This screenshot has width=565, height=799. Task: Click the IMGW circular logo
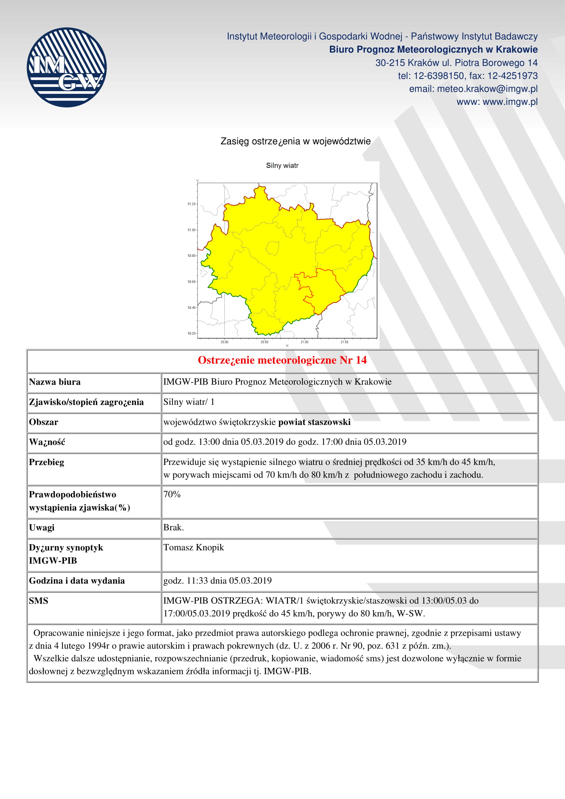click(67, 67)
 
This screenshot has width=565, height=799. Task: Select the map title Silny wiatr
click(282, 166)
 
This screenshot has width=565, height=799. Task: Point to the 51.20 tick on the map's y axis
click(192, 204)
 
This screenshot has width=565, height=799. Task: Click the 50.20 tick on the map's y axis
click(192, 333)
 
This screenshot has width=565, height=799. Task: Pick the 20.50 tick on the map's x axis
click(264, 342)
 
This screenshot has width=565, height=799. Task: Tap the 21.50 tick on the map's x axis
click(344, 342)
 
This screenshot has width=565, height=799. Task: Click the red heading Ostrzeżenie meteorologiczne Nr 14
click(282, 360)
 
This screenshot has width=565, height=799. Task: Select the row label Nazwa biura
click(55, 382)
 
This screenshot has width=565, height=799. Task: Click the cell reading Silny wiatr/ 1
click(189, 402)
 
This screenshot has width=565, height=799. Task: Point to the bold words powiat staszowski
click(314, 422)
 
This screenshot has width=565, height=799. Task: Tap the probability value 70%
click(172, 494)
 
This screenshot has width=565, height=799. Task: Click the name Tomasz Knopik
click(193, 547)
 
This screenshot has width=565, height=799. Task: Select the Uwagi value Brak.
click(173, 527)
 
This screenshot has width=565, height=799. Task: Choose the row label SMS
click(39, 601)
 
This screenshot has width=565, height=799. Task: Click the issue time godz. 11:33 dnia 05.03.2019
click(218, 580)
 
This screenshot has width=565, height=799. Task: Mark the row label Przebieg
click(46, 462)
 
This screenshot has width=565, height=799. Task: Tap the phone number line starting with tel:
click(468, 76)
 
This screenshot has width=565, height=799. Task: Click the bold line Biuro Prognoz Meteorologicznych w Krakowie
click(433, 50)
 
